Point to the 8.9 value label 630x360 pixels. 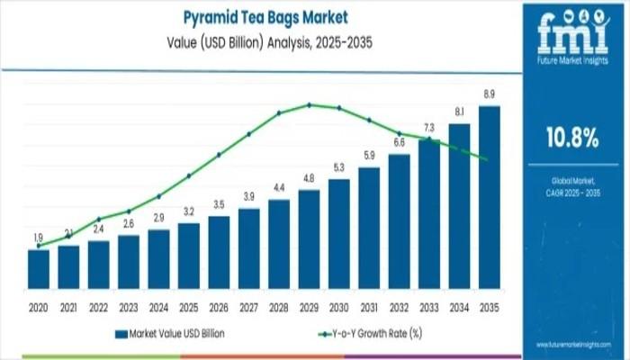[x=490, y=94]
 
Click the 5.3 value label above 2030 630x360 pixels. [x=339, y=167]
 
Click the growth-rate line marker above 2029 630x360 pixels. [x=309, y=104]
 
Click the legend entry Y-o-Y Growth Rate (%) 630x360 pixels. [x=370, y=334]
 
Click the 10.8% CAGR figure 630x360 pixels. [x=572, y=138]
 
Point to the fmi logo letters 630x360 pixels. [x=573, y=34]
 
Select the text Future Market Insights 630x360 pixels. [x=573, y=58]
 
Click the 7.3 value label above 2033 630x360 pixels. [x=429, y=128]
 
